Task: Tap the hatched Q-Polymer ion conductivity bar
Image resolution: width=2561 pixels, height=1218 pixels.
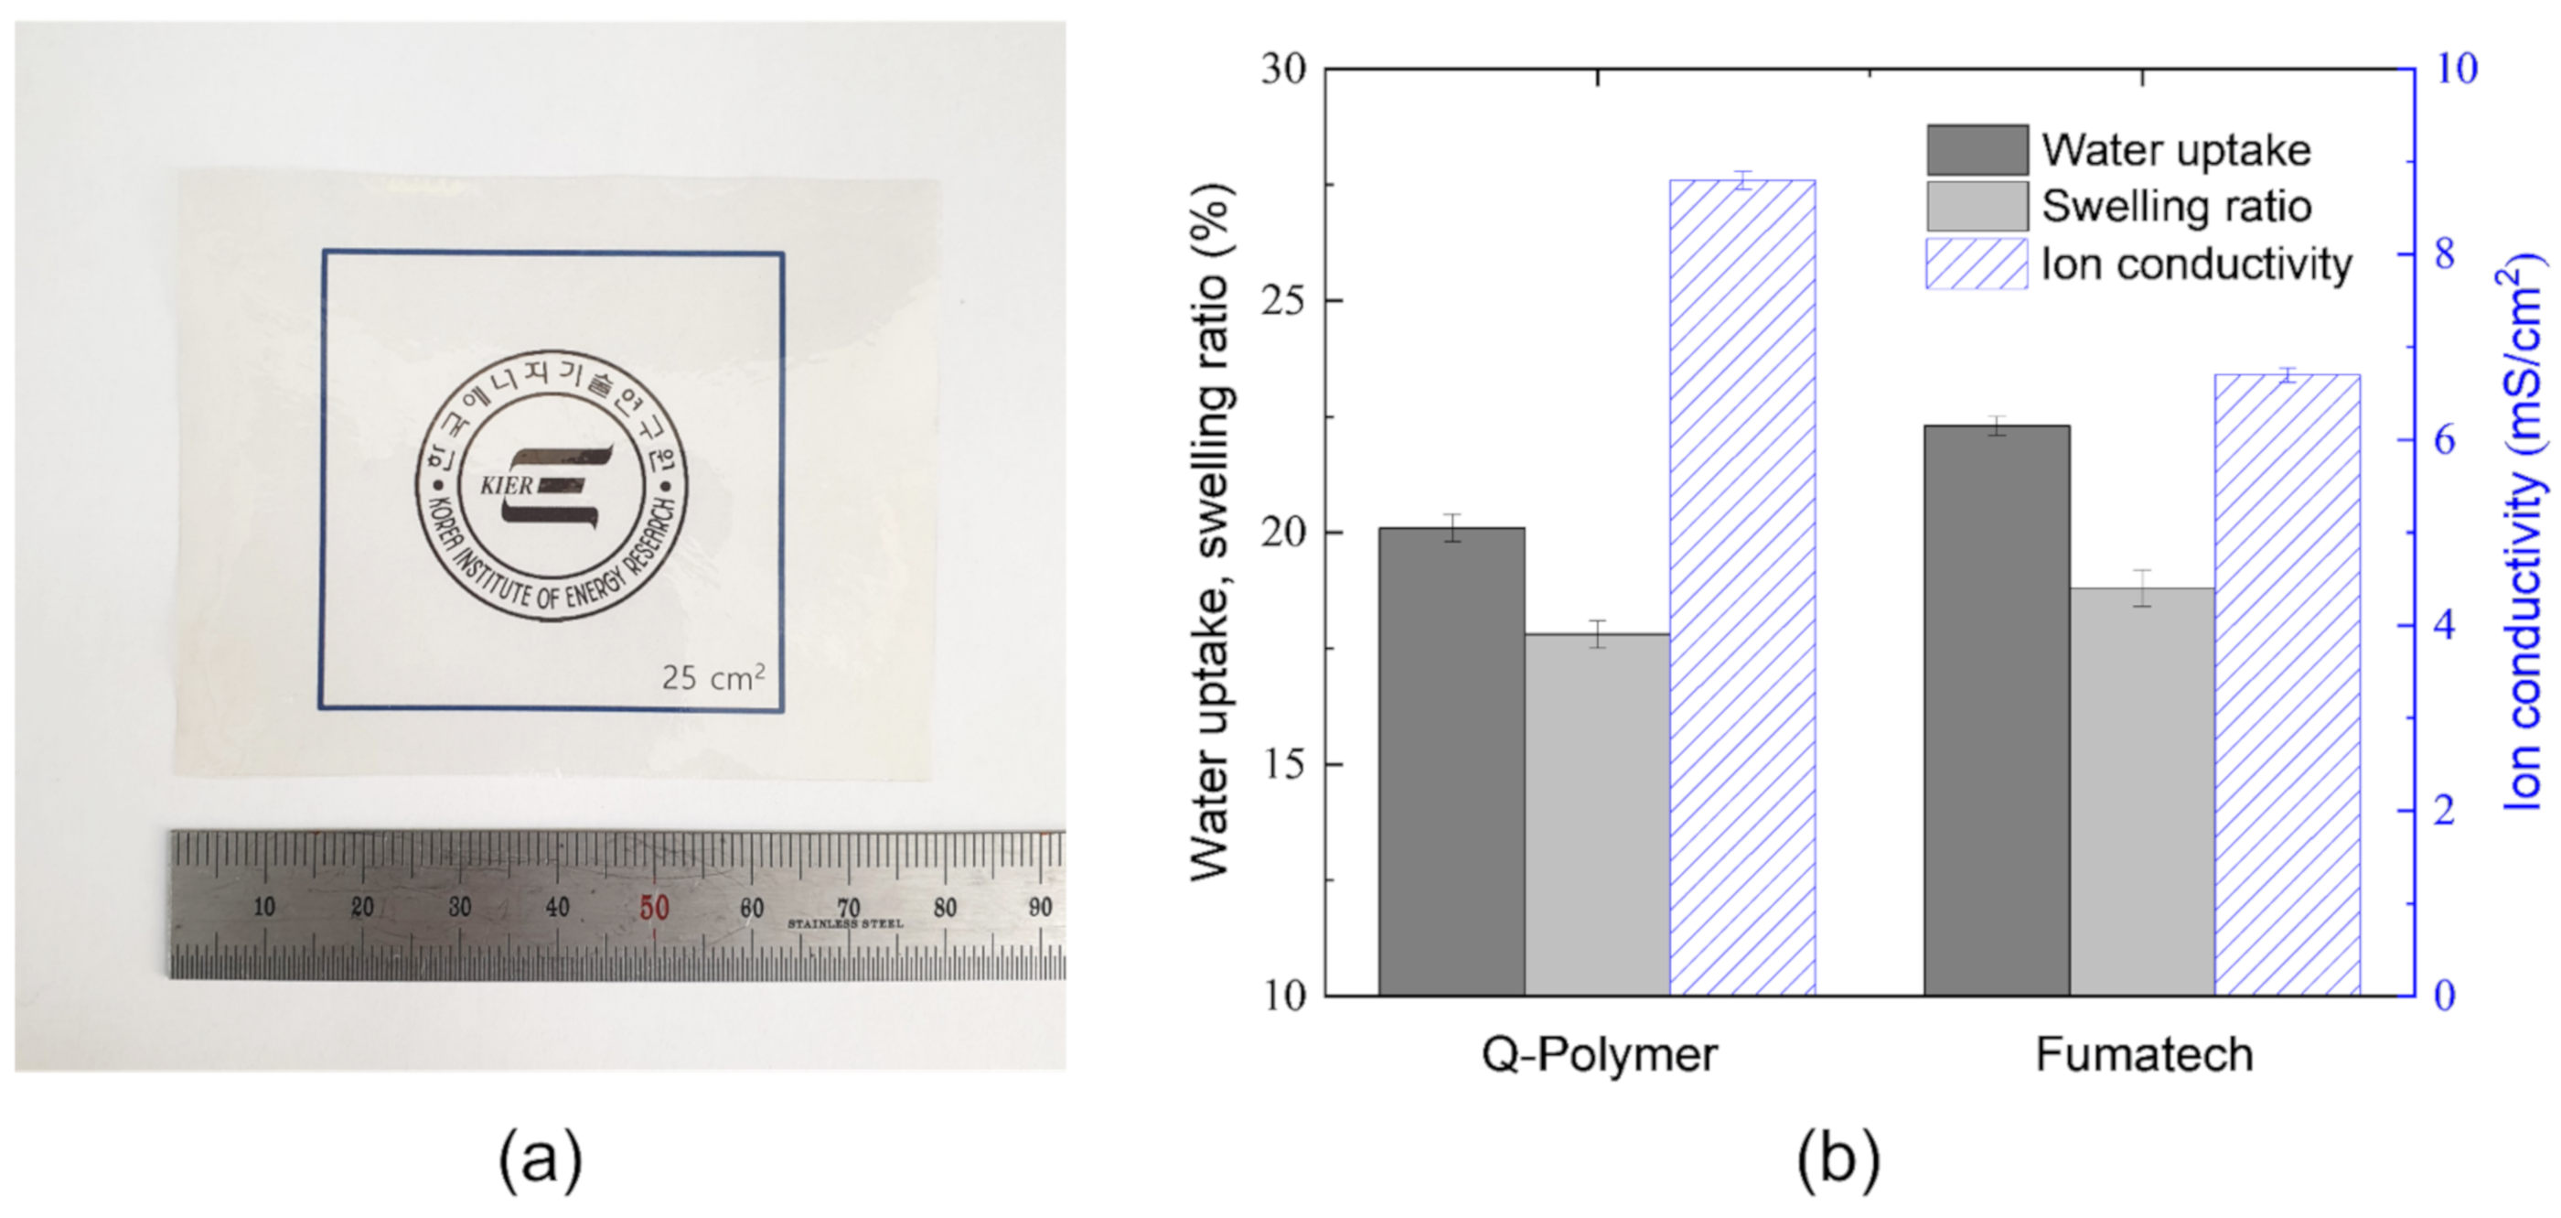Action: point(1741,587)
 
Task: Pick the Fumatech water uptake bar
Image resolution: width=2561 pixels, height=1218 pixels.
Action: point(1997,710)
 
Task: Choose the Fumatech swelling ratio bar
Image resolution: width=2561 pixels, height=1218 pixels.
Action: point(2141,791)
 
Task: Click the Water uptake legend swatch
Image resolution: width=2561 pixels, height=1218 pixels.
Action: point(1977,150)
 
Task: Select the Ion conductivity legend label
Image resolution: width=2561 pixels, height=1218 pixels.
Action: point(2196,264)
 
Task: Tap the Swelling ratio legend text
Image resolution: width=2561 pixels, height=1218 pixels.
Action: point(2176,207)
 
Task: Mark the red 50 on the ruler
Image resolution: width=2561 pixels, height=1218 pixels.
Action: point(653,907)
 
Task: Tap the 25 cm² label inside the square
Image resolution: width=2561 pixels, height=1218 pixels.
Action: point(713,677)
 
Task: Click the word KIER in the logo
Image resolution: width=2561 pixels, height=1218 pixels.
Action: point(507,486)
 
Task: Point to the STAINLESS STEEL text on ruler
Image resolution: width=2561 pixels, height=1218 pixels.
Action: point(845,924)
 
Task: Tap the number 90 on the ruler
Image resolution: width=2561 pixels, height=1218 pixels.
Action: point(1040,907)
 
